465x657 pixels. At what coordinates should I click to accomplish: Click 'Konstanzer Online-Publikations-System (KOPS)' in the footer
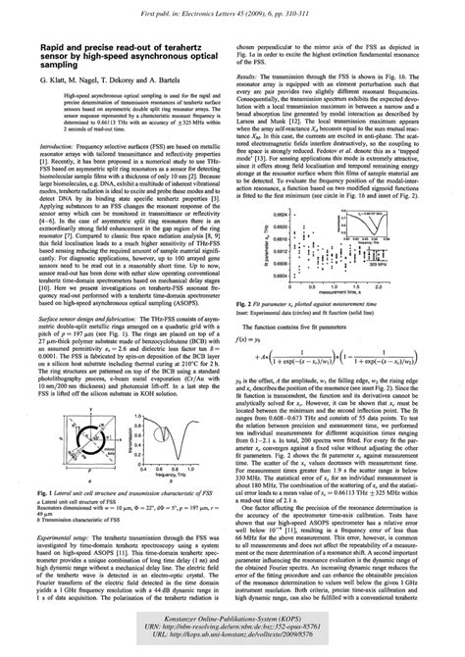232,626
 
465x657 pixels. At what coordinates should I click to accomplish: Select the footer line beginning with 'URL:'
232,646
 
